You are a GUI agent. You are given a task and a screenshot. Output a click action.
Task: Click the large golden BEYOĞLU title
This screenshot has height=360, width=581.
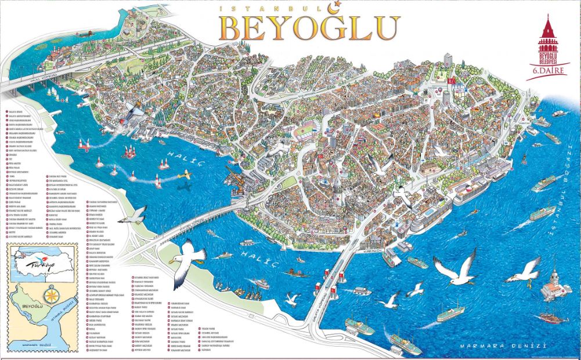tap(309, 26)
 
